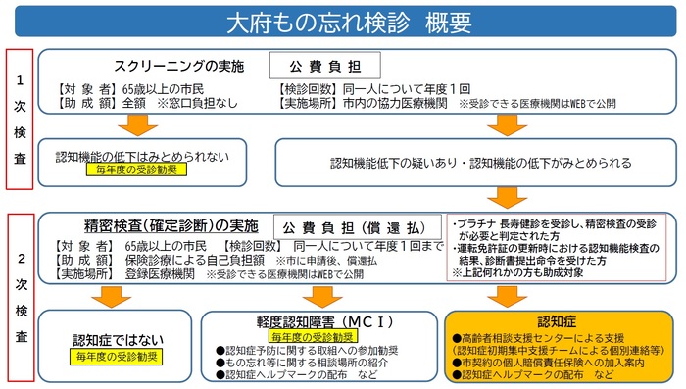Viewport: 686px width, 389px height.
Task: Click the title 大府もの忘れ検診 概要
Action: (x=342, y=21)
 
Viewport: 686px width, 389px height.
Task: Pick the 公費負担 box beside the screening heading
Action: (x=324, y=68)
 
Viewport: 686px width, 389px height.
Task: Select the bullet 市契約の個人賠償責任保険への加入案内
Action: (x=559, y=362)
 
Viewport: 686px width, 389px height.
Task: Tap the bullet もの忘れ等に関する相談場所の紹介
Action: (x=304, y=362)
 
